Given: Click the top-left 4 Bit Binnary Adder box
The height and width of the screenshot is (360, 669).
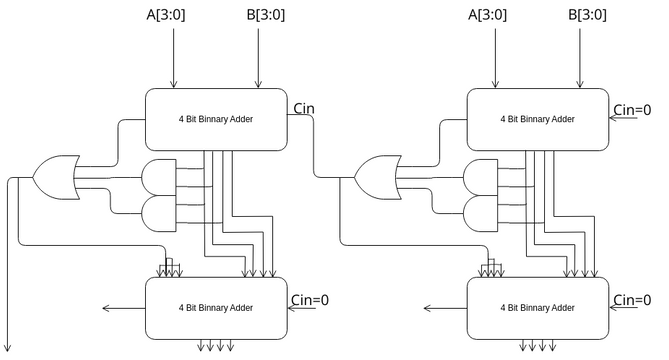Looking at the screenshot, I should point(216,118).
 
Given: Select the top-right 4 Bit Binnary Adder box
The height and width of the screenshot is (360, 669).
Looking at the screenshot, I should point(537,118).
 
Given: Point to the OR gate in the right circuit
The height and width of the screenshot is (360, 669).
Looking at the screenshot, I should point(374,177).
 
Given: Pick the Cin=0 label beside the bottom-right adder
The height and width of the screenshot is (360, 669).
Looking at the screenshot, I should point(633,299).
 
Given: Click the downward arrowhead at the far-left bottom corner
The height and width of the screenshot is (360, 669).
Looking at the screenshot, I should point(9,347).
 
